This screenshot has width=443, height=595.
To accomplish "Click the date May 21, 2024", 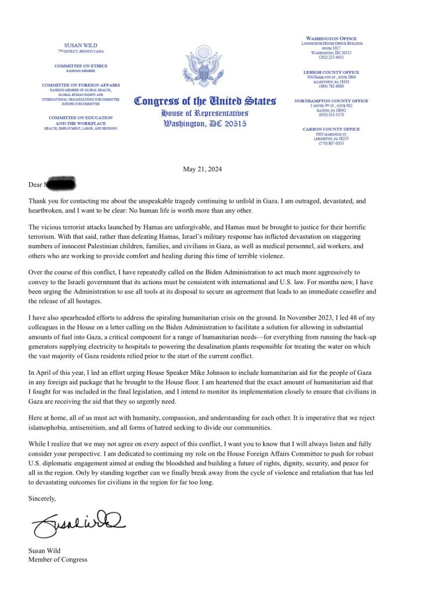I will (x=202, y=169).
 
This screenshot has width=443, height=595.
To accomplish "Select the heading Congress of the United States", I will (x=205, y=101).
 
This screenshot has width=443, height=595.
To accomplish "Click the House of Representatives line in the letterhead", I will (x=205, y=113).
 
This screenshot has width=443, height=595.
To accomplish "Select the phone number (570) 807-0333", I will (x=331, y=143).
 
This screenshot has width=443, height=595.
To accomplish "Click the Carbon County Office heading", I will (x=331, y=129).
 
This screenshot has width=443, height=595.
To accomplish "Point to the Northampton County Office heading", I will (x=331, y=101).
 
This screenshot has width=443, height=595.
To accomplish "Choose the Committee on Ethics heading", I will (x=81, y=66).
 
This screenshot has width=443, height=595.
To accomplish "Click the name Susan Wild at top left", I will (x=81, y=46).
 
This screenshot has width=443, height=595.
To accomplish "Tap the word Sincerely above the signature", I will (x=42, y=498).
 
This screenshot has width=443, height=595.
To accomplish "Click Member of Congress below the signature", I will (x=58, y=560).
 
